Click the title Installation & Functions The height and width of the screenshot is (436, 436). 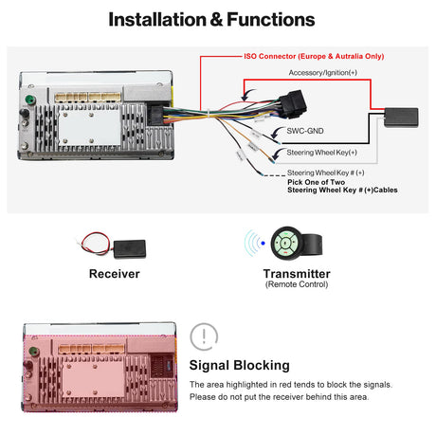tap(218, 19)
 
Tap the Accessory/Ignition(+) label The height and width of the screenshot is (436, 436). tap(322, 73)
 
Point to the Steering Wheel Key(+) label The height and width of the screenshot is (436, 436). tap(321, 153)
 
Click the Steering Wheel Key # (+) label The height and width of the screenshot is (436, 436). tap(326, 173)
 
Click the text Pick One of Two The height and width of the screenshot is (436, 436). tap(318, 182)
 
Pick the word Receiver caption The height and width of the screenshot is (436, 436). tap(114, 274)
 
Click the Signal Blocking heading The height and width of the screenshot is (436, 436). tap(240, 365)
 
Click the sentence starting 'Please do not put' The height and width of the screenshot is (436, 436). tap(280, 397)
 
